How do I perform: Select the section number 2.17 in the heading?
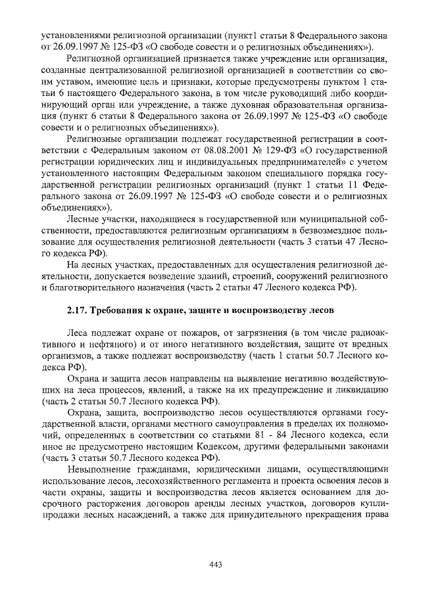point(78,310)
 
